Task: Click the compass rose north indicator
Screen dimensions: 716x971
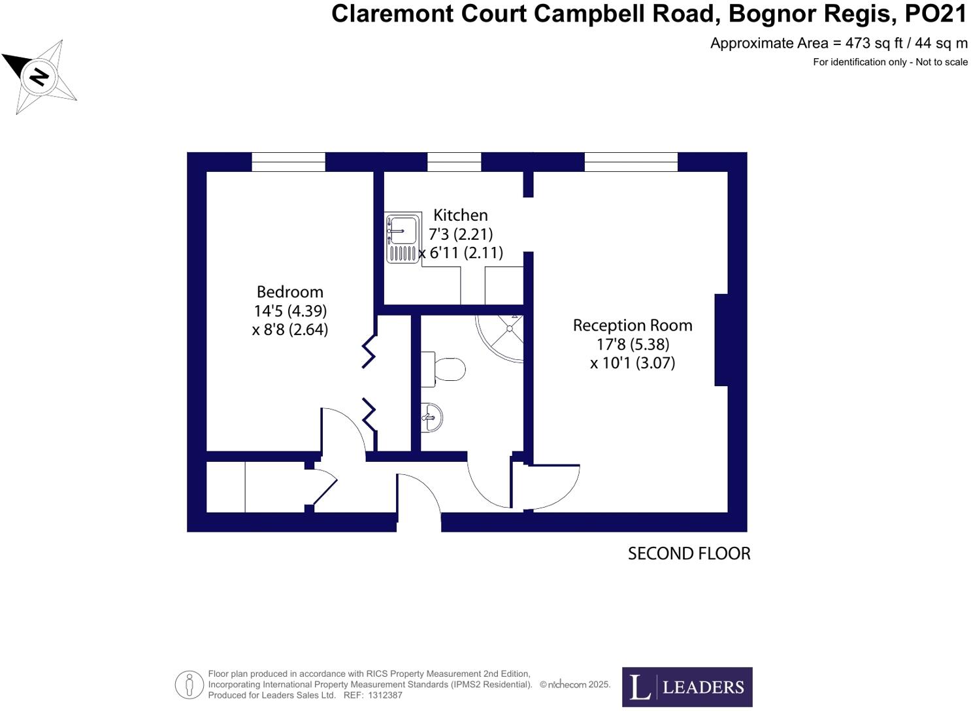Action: [39, 76]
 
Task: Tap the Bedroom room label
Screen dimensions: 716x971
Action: [289, 292]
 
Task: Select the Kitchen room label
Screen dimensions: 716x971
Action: [460, 215]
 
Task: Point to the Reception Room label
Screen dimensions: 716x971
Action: [632, 325]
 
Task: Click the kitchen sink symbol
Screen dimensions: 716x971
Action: [403, 238]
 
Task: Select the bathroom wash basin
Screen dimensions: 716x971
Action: [432, 417]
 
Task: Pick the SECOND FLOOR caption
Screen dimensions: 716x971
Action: [689, 553]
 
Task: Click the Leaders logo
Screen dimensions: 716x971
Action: [687, 687]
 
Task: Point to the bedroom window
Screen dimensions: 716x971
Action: [288, 162]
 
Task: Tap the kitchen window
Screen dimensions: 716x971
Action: [454, 162]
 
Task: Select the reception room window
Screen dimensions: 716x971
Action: [631, 162]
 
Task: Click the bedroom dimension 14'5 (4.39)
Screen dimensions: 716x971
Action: [290, 311]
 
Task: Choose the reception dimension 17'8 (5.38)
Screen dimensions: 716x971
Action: [633, 344]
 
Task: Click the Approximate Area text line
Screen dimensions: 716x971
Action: [838, 43]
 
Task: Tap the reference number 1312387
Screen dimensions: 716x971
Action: [385, 695]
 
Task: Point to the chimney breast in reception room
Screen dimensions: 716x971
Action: [721, 340]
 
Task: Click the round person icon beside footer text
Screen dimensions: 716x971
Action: [189, 685]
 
